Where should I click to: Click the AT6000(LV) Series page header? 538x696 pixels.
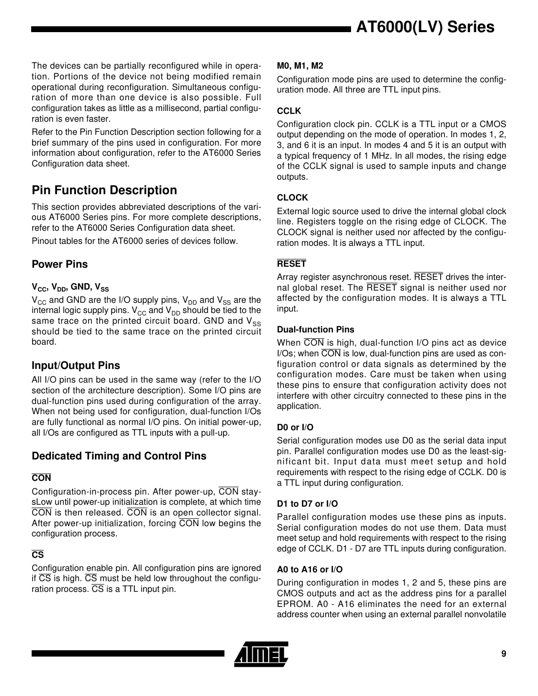425,27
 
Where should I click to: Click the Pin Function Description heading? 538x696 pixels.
104,190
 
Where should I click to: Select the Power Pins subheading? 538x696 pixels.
59,264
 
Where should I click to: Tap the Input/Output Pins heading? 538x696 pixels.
75,366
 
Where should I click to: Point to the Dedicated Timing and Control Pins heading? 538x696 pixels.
119,456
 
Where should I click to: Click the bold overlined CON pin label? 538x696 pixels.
41,478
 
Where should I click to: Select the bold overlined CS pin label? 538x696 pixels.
37,555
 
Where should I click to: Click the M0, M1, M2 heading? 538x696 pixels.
300,66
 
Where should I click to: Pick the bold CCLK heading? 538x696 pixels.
289,111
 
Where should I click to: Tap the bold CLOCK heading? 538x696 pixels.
293,198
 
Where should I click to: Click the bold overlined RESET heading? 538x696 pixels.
292,264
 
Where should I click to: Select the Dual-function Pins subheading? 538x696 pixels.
315,330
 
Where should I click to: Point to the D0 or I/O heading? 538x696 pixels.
295,427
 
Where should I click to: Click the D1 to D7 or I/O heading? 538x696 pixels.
307,504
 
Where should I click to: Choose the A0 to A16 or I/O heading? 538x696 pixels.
310,569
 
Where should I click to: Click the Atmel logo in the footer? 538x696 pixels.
261,654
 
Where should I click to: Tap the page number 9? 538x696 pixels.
503,654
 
